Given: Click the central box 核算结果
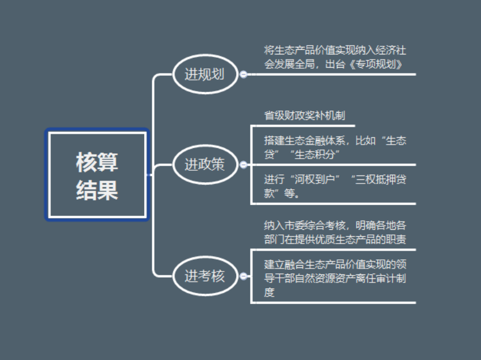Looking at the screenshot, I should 97,175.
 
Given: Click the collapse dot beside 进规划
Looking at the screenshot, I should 244,75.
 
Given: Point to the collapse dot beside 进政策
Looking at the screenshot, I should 244,166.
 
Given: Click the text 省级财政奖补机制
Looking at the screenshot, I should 304,116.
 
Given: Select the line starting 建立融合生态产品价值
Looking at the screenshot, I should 335,265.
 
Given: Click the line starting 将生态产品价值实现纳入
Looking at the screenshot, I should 335,50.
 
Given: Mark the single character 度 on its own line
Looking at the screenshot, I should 269,292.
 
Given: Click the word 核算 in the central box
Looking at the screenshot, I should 97,163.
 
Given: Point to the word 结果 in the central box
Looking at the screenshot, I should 97,189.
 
